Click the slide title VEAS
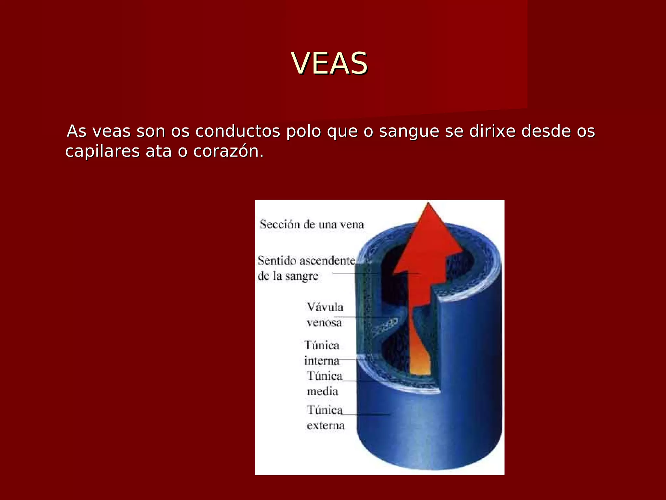pyautogui.click(x=329, y=63)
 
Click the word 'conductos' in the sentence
pyautogui.click(x=238, y=131)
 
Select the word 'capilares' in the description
pyautogui.click(x=102, y=151)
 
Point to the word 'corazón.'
pyautogui.click(x=228, y=151)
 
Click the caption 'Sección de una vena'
pyautogui.click(x=312, y=225)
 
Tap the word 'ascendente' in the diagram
pyautogui.click(x=327, y=261)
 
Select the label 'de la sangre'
pyautogui.click(x=288, y=276)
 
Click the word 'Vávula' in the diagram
pyautogui.click(x=325, y=307)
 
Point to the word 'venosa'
pyautogui.click(x=324, y=323)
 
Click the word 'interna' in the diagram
pyautogui.click(x=322, y=361)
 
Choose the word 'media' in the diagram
pyautogui.click(x=322, y=391)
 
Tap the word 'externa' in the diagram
pyautogui.click(x=326, y=425)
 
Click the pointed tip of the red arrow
pyautogui.click(x=428, y=205)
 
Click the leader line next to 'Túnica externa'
pyautogui.click(x=366, y=414)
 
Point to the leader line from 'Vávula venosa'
pyautogui.click(x=364, y=317)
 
